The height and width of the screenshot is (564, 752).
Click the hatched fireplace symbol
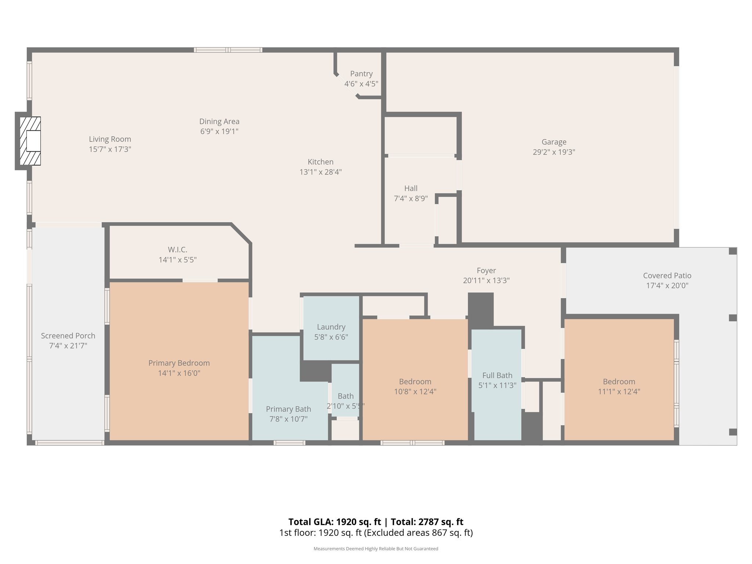click(30, 141)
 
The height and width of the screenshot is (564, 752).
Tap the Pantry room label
click(361, 74)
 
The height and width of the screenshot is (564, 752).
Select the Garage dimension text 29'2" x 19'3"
click(554, 152)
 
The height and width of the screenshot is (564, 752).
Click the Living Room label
click(110, 139)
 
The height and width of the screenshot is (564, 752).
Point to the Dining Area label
click(219, 122)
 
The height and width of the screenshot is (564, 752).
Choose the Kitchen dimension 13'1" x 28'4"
click(321, 172)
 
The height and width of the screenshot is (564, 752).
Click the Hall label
click(411, 188)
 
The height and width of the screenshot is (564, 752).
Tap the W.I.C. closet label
click(178, 250)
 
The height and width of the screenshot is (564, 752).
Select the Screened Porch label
click(68, 336)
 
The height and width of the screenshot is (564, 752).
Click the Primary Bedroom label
click(179, 363)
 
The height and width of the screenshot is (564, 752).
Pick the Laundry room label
click(331, 327)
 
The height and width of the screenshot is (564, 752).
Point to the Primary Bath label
click(288, 409)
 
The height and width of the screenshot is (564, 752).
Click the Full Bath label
click(497, 375)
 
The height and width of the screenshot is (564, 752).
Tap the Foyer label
click(486, 271)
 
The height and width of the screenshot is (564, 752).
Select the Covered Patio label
click(667, 275)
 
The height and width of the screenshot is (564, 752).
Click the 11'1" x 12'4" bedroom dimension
click(619, 391)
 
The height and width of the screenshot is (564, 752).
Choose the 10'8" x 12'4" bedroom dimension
click(415, 391)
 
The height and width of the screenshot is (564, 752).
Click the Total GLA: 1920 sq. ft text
click(335, 522)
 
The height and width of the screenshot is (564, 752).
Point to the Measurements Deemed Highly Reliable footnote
click(376, 549)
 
